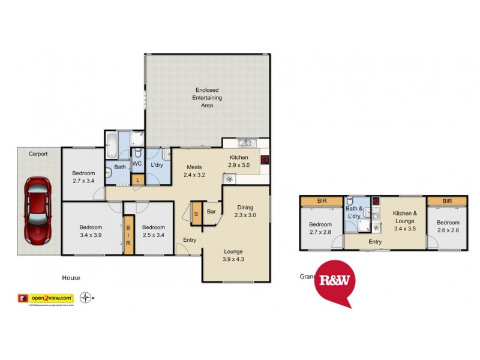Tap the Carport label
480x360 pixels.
click(38, 154)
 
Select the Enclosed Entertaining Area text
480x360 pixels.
click(207, 97)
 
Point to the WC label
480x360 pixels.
click(137, 163)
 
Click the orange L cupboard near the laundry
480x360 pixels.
click(137, 179)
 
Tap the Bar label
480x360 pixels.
click(211, 211)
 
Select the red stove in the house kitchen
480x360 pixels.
click(265, 160)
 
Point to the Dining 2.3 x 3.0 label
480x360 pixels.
click(245, 211)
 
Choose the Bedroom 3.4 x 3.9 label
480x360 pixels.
click(91, 231)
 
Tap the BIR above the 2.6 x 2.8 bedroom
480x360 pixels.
click(447, 201)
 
